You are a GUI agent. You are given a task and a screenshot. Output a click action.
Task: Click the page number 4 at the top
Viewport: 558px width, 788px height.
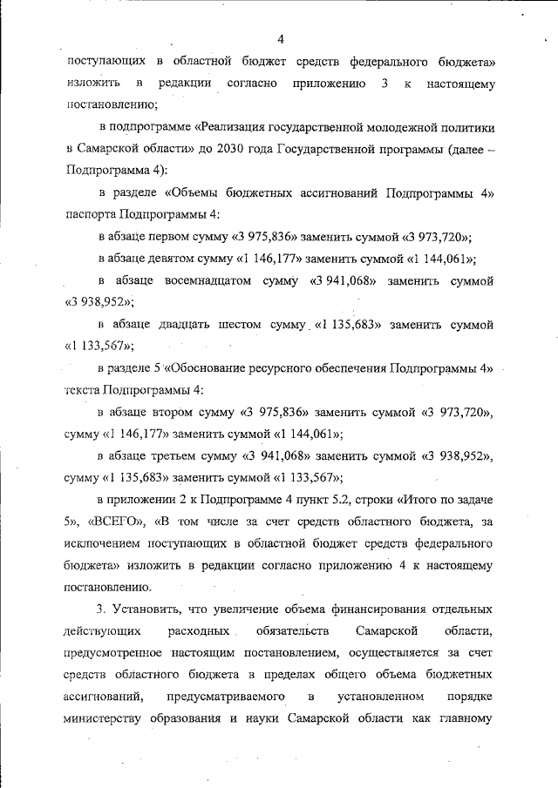point(281,38)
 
